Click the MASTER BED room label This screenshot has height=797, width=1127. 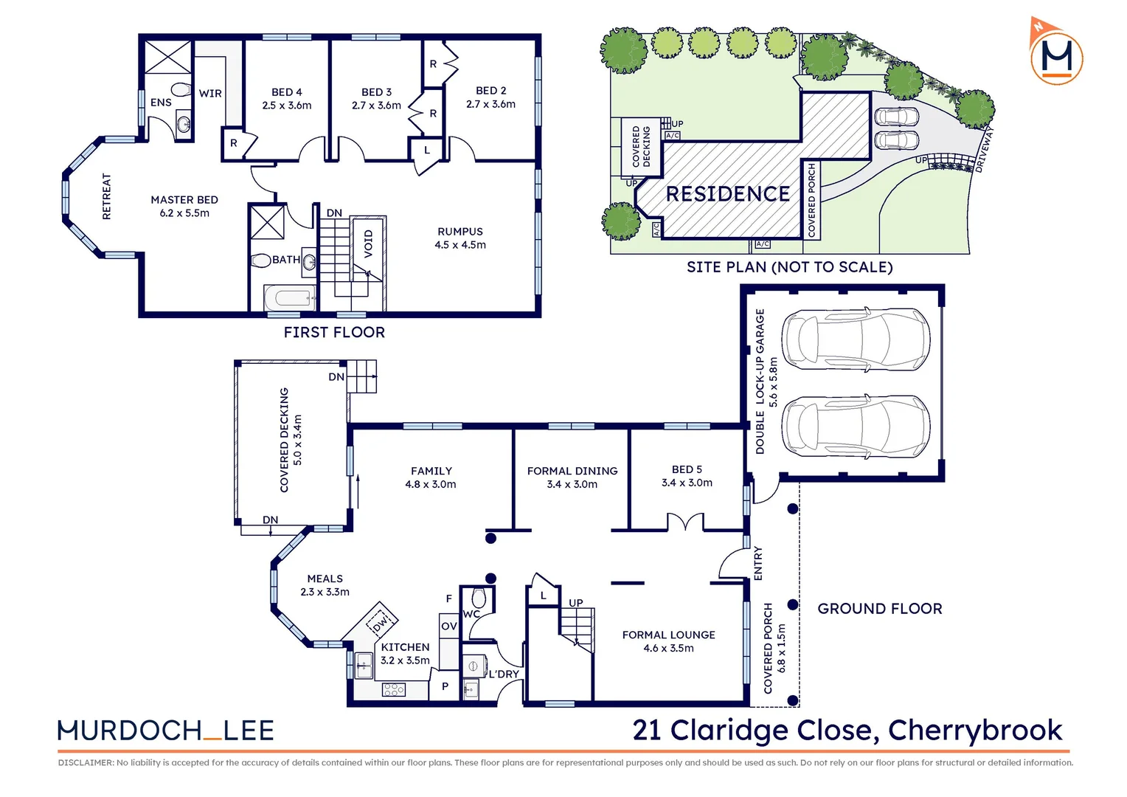[x=184, y=200]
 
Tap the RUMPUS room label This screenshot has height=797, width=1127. [x=460, y=232]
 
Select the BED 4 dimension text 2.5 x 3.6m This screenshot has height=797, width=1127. [x=287, y=106]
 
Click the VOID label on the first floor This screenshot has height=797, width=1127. [x=368, y=244]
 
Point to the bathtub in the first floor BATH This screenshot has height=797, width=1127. [x=290, y=298]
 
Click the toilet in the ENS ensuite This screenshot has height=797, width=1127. [x=181, y=91]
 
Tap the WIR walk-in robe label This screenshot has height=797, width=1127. [x=210, y=94]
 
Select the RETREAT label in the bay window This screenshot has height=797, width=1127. [x=106, y=196]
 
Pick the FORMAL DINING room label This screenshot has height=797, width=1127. [x=572, y=471]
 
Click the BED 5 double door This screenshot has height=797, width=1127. [x=686, y=522]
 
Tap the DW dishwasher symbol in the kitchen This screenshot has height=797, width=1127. [x=379, y=624]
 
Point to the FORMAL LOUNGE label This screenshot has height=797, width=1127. [x=668, y=635]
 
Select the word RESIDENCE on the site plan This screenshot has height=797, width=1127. [x=727, y=194]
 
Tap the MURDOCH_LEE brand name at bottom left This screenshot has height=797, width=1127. [x=166, y=731]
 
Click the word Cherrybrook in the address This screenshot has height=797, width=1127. [x=974, y=730]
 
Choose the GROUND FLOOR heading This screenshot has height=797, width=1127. [x=879, y=609]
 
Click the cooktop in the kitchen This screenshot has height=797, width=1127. [x=394, y=689]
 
